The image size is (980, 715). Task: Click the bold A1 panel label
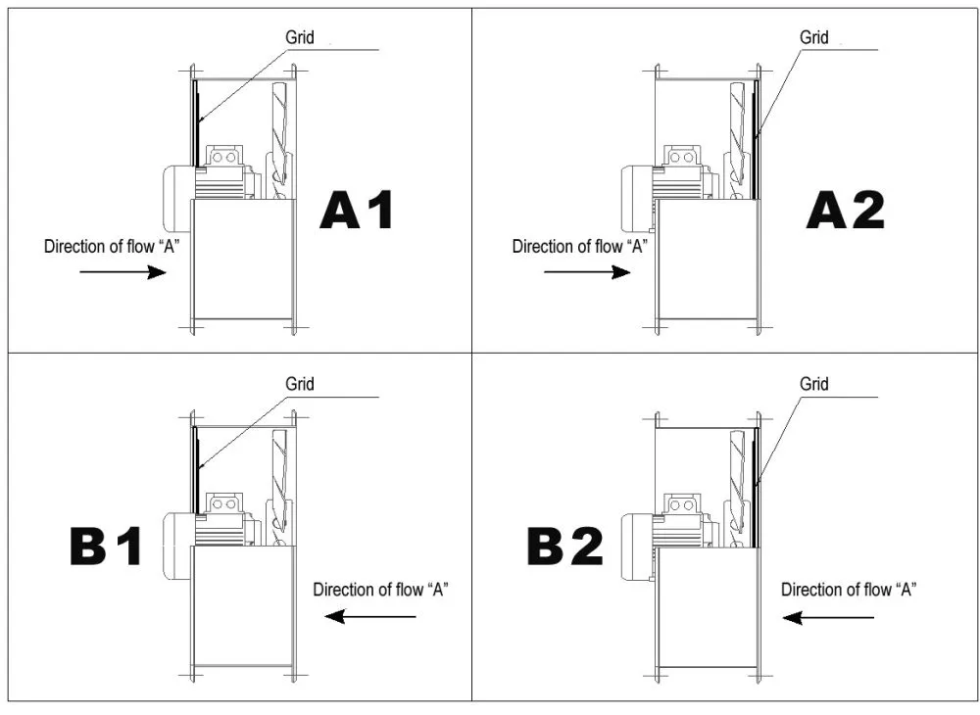(x=357, y=211)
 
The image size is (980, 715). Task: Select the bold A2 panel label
(x=846, y=211)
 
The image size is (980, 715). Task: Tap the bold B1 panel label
(x=106, y=547)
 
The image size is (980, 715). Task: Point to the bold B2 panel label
(x=565, y=547)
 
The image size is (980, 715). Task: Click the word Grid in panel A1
(x=299, y=37)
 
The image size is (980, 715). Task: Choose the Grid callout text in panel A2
(x=813, y=37)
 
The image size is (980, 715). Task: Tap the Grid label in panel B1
(x=299, y=383)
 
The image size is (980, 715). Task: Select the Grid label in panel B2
(x=813, y=383)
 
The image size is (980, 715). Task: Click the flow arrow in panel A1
(x=123, y=271)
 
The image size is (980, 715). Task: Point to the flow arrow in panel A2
(x=587, y=271)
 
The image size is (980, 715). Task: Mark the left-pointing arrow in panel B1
(x=370, y=617)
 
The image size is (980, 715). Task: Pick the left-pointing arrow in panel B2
(x=828, y=618)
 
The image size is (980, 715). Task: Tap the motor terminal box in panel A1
(x=223, y=157)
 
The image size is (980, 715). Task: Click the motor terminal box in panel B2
(x=681, y=504)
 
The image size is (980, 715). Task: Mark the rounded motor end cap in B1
(x=178, y=544)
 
